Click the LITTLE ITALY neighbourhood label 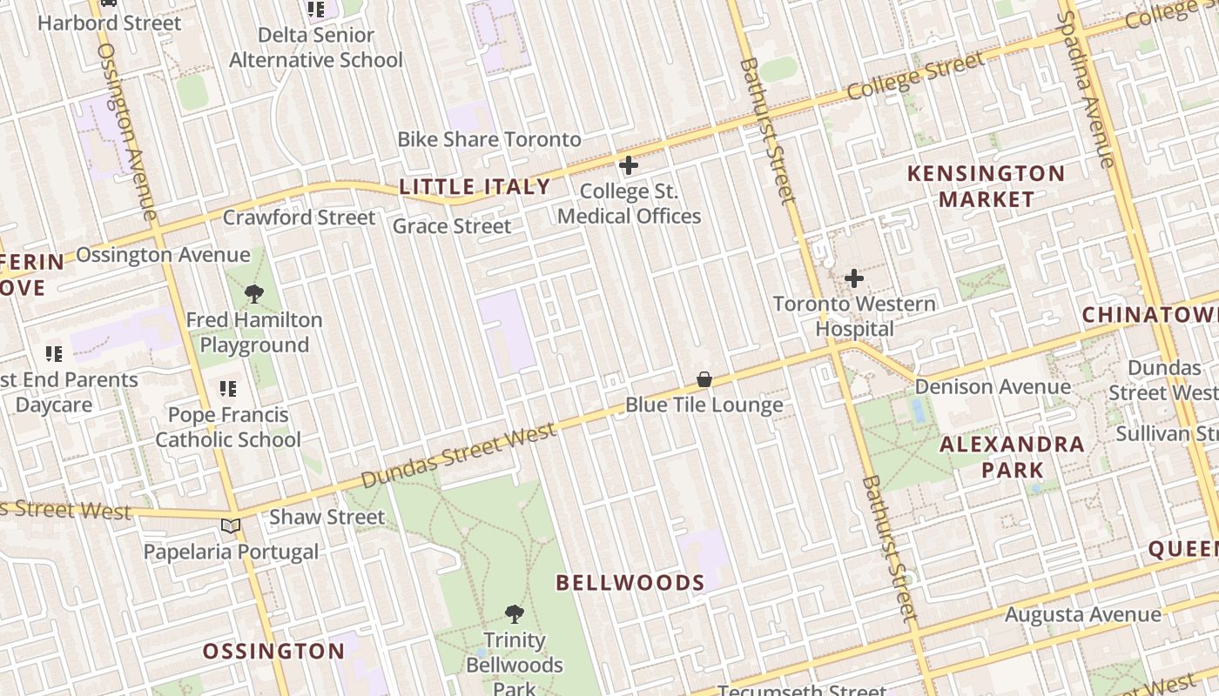point(475,187)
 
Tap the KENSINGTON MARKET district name point(986,186)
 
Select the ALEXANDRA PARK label point(1012,458)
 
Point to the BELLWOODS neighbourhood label point(630,583)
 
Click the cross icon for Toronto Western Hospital point(854,278)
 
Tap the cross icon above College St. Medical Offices point(628,164)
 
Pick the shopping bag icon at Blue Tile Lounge point(704,379)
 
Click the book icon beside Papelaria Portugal point(231,525)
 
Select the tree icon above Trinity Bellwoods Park point(515,614)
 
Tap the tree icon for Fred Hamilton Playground point(254,294)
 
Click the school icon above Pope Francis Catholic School point(228,388)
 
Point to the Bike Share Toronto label point(488,139)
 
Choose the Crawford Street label point(299,217)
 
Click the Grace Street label point(452,226)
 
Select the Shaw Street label point(327,517)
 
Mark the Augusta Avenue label point(1082,615)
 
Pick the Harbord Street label point(109,23)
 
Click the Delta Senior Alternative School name point(315,48)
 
